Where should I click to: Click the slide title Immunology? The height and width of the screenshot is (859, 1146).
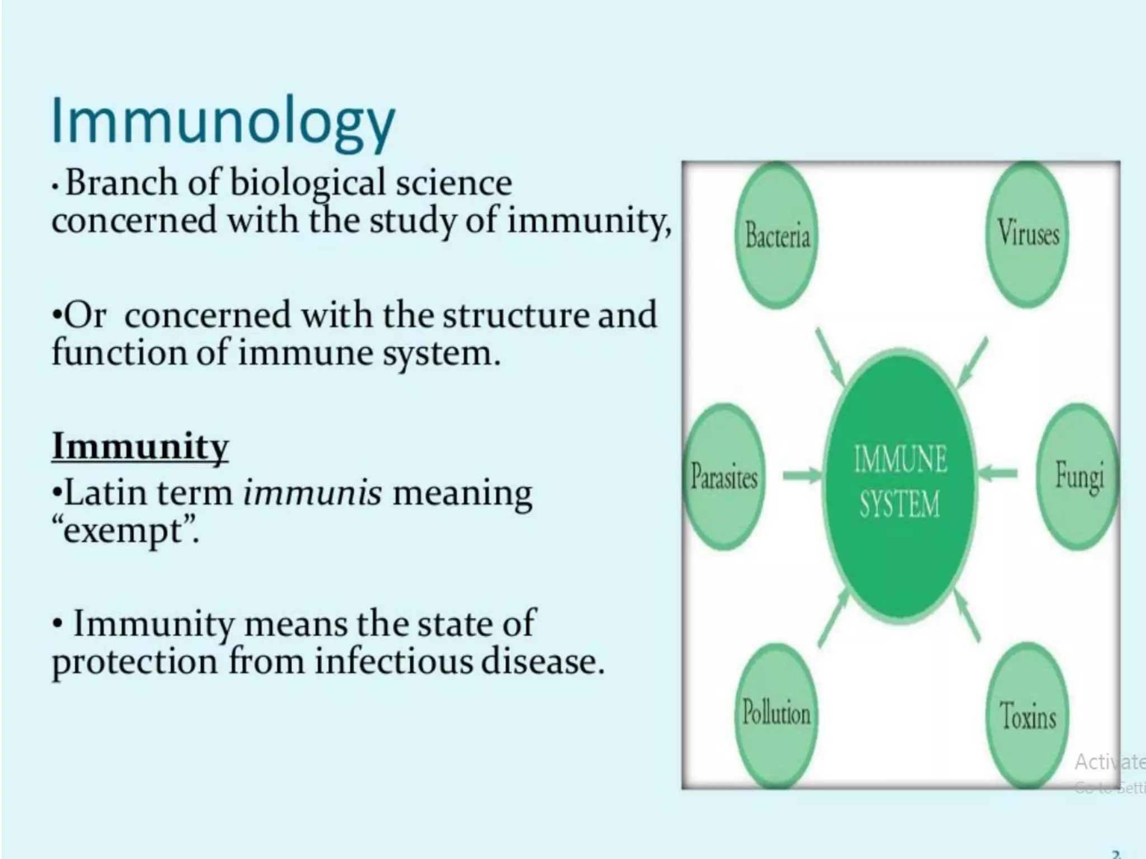[x=223, y=124]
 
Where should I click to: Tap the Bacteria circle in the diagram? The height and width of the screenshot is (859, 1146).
[x=776, y=235]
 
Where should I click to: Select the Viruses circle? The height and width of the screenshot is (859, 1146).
[x=1028, y=233]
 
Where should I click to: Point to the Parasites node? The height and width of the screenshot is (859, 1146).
[x=724, y=476]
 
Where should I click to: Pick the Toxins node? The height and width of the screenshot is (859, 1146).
[x=1028, y=715]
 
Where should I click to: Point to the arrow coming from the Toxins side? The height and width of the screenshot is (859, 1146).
[x=966, y=616]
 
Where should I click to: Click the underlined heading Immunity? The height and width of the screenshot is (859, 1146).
[x=140, y=447]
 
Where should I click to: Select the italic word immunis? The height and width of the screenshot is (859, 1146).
[x=313, y=493]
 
